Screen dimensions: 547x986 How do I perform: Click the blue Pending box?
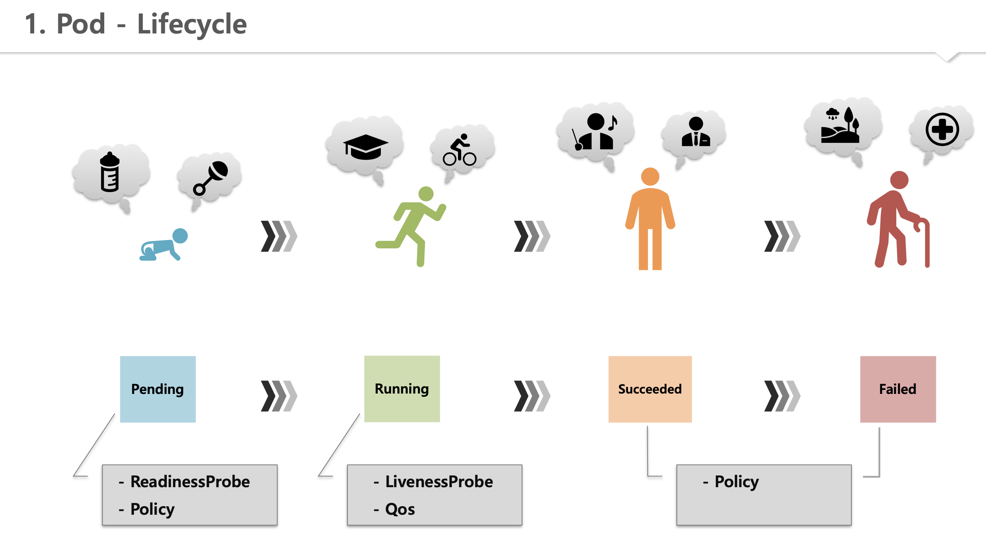[158, 389]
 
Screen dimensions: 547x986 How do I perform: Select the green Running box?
[402, 389]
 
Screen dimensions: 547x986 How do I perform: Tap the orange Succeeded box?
[650, 389]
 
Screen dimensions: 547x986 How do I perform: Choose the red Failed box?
[897, 389]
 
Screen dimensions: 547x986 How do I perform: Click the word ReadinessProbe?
[190, 482]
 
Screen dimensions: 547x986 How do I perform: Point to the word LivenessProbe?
[439, 482]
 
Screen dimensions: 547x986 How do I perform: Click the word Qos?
[400, 510]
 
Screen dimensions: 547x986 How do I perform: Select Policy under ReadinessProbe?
[152, 510]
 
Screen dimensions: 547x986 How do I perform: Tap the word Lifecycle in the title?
[192, 24]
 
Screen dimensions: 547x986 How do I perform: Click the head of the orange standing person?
[650, 176]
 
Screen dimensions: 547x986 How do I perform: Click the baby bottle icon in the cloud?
[110, 172]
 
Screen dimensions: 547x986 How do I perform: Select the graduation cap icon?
[365, 147]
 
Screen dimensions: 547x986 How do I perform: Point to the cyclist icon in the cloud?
[460, 150]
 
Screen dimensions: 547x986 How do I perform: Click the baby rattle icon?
[211, 178]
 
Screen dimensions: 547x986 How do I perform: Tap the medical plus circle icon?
[942, 129]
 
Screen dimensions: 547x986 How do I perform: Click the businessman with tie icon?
[696, 133]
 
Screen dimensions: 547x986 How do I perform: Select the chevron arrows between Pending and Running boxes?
[279, 396]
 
